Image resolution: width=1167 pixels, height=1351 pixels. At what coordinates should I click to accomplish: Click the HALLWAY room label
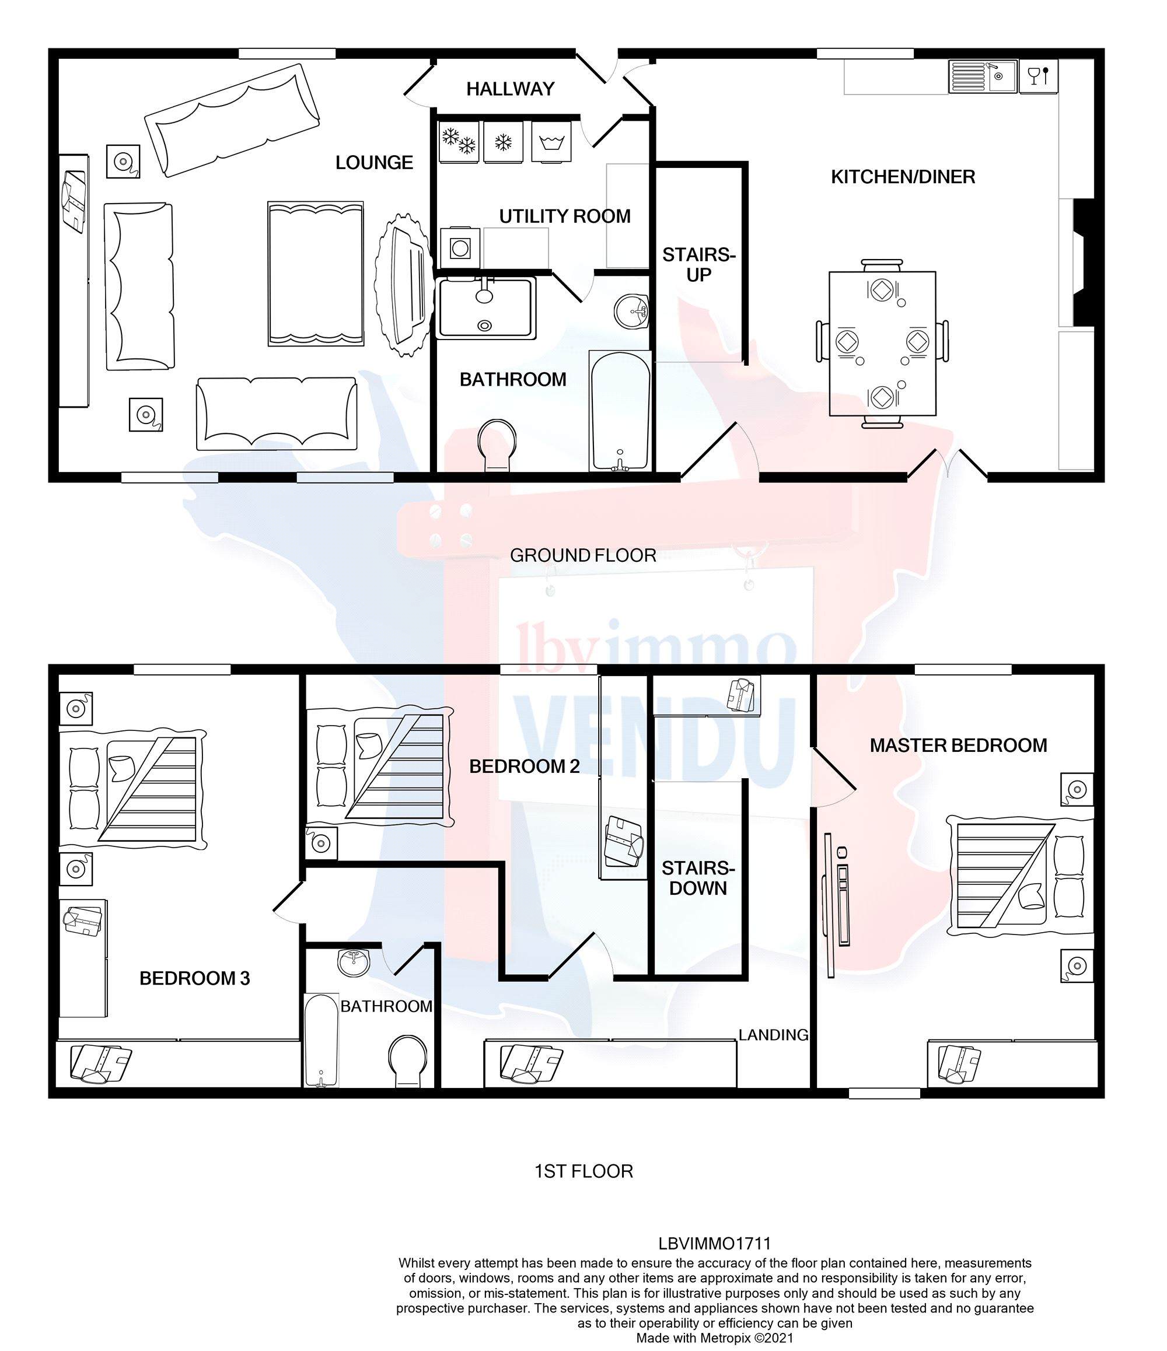[510, 89]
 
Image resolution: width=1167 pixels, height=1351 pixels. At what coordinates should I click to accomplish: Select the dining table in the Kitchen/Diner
[882, 344]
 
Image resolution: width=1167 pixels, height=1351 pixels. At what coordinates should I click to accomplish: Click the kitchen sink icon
[983, 77]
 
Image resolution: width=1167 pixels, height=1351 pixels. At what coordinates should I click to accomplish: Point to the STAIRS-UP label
[698, 264]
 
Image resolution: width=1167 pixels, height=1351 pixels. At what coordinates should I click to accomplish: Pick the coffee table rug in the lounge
[316, 273]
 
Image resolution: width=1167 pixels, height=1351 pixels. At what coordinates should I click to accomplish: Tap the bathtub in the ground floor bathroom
[620, 411]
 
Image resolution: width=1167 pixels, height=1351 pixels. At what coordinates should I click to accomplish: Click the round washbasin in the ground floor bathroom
[631, 310]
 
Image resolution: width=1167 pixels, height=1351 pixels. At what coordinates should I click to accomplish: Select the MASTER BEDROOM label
[958, 745]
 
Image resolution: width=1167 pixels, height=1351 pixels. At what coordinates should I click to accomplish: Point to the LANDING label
[773, 1035]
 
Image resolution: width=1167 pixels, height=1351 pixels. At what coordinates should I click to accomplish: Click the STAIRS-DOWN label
[698, 878]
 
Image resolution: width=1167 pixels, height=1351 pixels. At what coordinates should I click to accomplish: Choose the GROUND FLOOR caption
[582, 555]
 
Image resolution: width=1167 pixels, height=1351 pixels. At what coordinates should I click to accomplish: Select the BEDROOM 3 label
[194, 978]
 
